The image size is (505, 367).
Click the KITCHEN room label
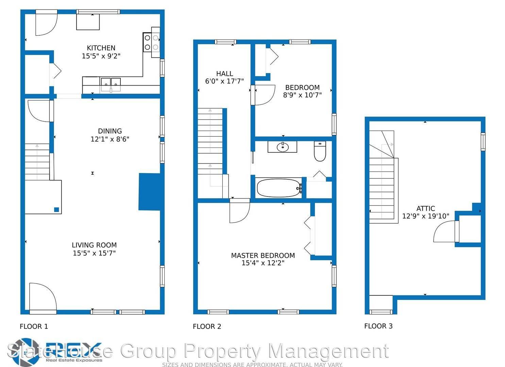coord(101,48)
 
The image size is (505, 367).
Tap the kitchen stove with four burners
coord(151,42)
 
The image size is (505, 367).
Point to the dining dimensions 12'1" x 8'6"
coord(110,139)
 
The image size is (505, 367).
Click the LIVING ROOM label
coord(94,245)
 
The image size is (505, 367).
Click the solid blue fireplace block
coord(149,192)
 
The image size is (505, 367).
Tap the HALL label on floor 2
coord(224,73)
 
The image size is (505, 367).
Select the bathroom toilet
coord(320,151)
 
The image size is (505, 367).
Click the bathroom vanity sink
coord(282,147)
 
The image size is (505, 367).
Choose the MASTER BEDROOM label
coord(263,256)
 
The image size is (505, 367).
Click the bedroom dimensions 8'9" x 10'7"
coord(302,95)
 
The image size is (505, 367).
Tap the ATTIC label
coord(425,208)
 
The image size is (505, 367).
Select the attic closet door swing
coord(445,232)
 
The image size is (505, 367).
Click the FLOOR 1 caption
coord(34,327)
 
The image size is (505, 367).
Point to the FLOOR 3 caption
coord(378,326)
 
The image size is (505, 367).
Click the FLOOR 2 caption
coord(207,327)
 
